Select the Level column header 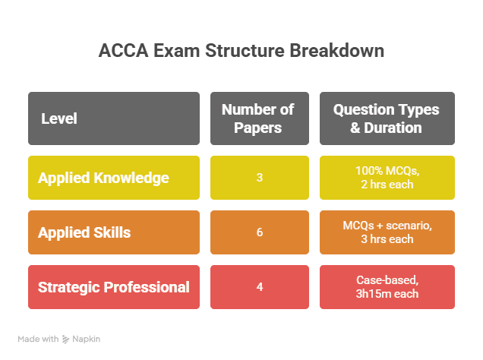click(59, 118)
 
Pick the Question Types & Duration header click(387, 118)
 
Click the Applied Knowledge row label click(103, 178)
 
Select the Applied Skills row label click(84, 232)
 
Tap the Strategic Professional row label click(114, 287)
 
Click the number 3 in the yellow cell click(260, 178)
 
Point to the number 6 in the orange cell click(260, 232)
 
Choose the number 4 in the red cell click(260, 287)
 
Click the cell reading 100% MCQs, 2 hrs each click(387, 178)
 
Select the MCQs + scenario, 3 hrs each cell click(387, 232)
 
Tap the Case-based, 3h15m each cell click(387, 287)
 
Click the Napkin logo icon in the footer click(67, 339)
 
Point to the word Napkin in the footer click(87, 339)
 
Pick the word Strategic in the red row click(69, 287)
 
